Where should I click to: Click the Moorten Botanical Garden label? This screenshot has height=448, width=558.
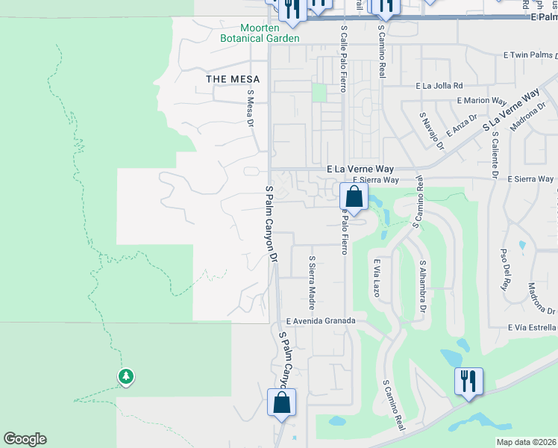click(260, 33)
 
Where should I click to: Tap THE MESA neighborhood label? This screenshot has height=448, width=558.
click(233, 79)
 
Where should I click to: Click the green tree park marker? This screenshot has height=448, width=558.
click(126, 376)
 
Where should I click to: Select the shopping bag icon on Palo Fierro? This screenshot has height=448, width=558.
click(354, 198)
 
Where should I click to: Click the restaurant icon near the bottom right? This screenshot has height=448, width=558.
click(468, 382)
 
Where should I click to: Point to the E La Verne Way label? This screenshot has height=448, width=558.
click(360, 169)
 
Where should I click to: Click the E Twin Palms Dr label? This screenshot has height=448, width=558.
click(530, 55)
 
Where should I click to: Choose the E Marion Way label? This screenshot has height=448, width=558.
click(480, 99)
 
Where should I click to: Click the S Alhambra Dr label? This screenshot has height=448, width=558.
click(422, 286)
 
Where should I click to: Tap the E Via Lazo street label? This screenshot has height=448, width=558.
click(377, 278)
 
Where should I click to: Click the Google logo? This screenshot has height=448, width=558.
click(25, 439)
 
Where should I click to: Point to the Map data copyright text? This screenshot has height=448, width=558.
click(525, 442)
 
